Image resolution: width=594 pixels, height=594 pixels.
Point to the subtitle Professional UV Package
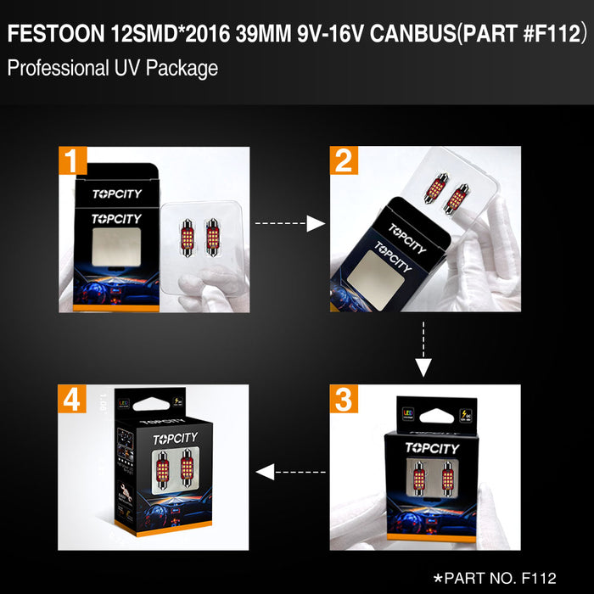click(x=113, y=68)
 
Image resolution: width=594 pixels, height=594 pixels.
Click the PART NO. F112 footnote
click(x=495, y=578)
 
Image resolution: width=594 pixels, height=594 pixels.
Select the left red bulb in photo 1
click(x=188, y=233)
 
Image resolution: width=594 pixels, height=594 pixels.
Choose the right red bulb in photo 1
click(x=211, y=233)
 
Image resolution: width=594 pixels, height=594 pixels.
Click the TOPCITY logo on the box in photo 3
click(x=432, y=448)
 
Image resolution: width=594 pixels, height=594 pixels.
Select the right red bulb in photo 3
click(x=447, y=477)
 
